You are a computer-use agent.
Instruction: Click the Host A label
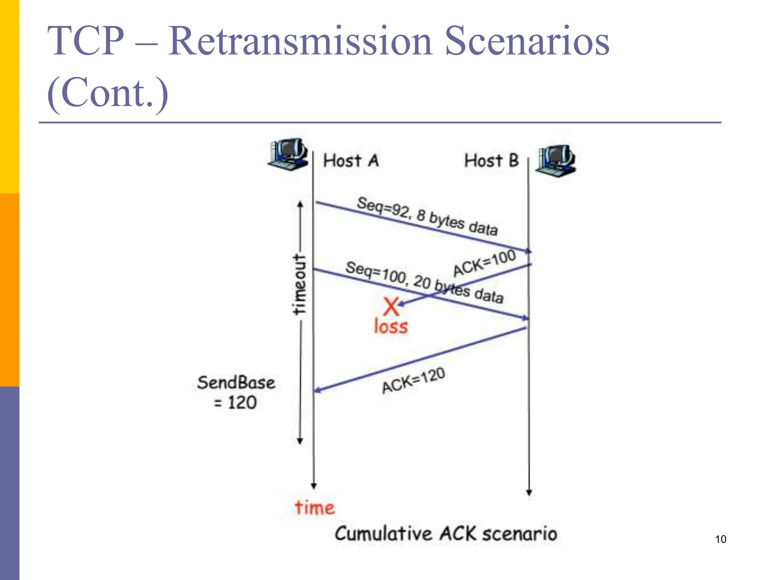351,161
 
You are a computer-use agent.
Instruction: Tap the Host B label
491,160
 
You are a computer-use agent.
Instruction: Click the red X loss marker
391,306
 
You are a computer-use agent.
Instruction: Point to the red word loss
391,327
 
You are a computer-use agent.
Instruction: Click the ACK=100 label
484,263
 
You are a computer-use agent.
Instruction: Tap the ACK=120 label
413,381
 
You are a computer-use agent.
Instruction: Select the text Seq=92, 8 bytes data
427,216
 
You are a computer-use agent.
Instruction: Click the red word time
315,508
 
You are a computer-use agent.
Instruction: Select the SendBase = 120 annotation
236,392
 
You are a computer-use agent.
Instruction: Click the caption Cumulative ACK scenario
446,534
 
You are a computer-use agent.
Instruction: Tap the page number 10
720,539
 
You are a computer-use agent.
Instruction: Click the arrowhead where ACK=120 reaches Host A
317,390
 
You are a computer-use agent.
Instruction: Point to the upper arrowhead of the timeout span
300,204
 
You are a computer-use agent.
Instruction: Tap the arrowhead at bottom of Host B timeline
529,493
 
